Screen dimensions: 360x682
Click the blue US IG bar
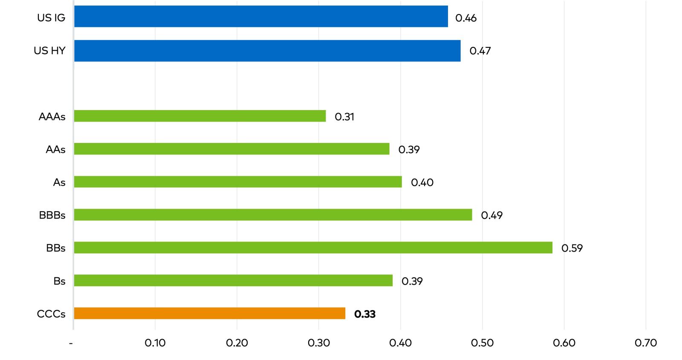[x=261, y=16]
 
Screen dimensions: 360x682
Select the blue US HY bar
[x=267, y=51]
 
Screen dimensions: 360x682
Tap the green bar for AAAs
[x=200, y=116]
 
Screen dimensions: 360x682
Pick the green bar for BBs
[x=313, y=247]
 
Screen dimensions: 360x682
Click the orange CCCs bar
[x=209, y=314]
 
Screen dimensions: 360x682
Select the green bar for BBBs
[x=273, y=215]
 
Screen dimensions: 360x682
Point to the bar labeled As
[x=238, y=182]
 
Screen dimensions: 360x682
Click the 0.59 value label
[x=572, y=248]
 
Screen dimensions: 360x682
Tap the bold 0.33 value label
[x=364, y=314]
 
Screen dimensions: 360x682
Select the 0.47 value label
[x=480, y=51]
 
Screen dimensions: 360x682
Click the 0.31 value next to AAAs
[x=344, y=117]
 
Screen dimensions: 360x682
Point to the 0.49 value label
[x=491, y=215]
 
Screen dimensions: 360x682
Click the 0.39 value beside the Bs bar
[x=412, y=281]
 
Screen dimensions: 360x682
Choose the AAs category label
[x=55, y=150]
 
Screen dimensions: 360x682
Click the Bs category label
[x=59, y=281]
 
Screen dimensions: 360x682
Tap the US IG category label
[x=51, y=18]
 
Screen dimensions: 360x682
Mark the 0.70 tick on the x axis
[x=645, y=343]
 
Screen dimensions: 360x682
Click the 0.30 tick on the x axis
[x=318, y=343]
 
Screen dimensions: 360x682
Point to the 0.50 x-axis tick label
[x=482, y=343]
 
